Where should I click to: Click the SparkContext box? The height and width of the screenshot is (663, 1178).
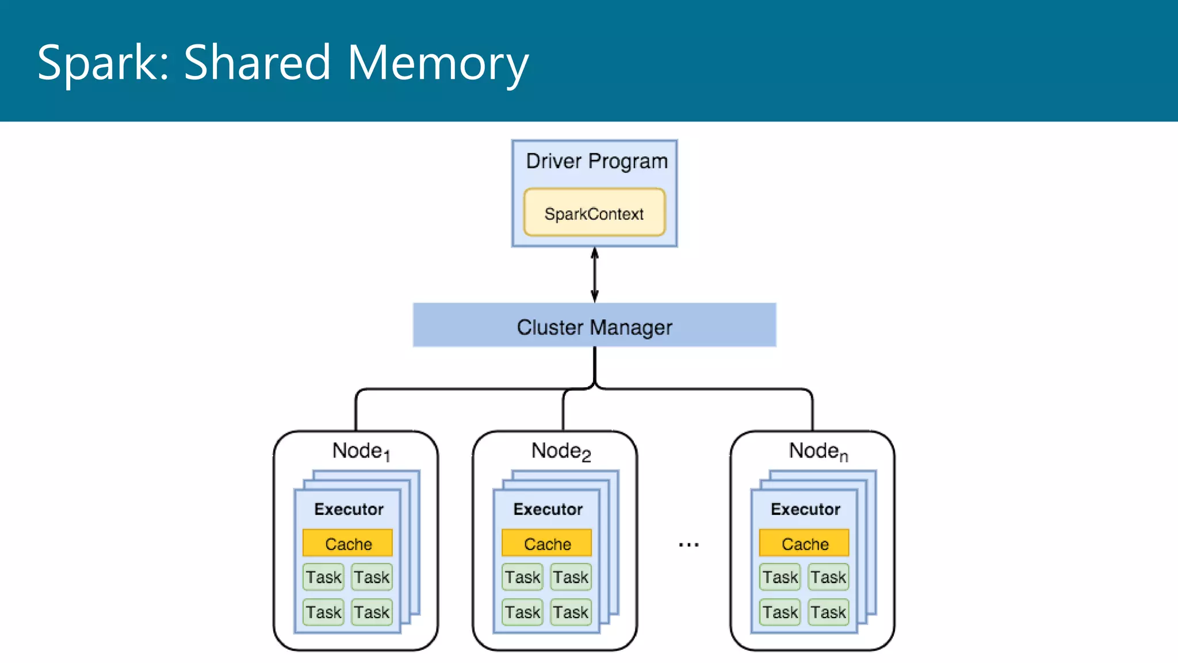(594, 212)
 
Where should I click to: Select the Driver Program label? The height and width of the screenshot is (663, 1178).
(596, 161)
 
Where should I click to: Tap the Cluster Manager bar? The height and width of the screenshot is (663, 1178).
(594, 326)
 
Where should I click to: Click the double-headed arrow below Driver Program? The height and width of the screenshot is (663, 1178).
(595, 275)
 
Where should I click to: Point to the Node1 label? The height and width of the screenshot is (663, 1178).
(361, 451)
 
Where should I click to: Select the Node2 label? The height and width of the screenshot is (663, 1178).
(560, 451)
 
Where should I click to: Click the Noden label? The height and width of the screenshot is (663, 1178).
(817, 451)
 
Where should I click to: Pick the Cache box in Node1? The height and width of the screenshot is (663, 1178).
(348, 543)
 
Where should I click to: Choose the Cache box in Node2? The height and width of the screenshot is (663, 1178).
(547, 543)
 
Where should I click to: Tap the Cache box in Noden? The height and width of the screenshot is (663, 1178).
(804, 543)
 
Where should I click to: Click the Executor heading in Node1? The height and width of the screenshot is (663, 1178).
(349, 509)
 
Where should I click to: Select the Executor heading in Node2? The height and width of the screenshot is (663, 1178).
(548, 509)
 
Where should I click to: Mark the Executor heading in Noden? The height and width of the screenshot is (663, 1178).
(805, 509)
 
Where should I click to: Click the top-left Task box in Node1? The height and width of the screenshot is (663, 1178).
(323, 577)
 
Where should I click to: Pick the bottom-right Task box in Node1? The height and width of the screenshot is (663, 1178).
(372, 612)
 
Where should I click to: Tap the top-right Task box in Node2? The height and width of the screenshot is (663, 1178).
(571, 577)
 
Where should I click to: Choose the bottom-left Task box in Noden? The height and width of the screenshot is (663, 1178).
(780, 612)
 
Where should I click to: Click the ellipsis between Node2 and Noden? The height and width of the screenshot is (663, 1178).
(689, 544)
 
